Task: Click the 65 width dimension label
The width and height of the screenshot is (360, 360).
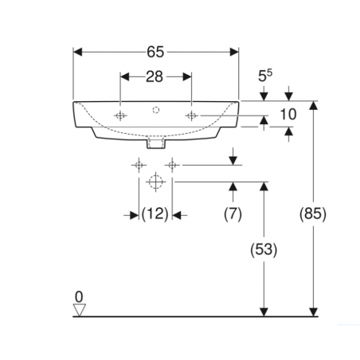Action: point(155,52)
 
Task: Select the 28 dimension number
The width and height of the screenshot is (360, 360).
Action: point(155,76)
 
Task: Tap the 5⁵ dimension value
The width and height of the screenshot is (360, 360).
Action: point(265,76)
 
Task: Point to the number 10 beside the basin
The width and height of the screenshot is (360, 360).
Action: point(288,115)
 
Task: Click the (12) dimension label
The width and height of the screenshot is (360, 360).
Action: point(155,214)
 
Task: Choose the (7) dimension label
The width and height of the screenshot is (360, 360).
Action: point(233,214)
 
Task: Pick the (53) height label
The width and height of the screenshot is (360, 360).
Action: point(264,249)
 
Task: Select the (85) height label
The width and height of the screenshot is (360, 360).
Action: point(313,213)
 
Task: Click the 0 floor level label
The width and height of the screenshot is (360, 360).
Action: point(79,297)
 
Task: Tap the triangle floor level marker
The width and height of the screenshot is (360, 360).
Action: point(80,310)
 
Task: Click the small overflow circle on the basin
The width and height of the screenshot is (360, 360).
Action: point(156,110)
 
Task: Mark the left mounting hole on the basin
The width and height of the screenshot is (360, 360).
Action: point(120,115)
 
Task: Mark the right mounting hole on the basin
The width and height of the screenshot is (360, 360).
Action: point(191,115)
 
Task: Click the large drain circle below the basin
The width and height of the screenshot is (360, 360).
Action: point(155,182)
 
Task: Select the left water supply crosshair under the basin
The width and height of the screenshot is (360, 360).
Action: point(139,165)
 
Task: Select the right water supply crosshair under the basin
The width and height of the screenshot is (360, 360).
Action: point(172,165)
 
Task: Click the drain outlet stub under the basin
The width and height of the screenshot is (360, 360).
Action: point(156,143)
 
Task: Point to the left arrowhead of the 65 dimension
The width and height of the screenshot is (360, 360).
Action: point(77,52)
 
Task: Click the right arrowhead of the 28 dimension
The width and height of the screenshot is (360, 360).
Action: point(187,76)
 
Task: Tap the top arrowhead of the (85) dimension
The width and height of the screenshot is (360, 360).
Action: point(314,106)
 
